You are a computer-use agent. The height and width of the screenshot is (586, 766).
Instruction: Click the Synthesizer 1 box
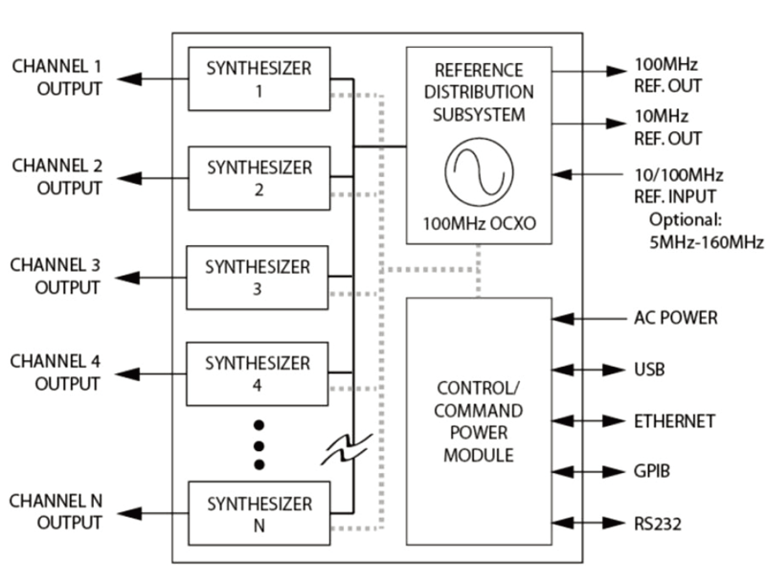(259, 79)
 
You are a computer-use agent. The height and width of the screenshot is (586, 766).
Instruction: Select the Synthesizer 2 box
(259, 178)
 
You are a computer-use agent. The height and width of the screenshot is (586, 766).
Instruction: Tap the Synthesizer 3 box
(259, 277)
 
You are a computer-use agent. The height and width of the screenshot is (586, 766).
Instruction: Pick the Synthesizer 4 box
(259, 374)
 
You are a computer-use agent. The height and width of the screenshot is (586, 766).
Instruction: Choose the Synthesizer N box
(259, 514)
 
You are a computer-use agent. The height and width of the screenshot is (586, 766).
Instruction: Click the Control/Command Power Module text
(478, 421)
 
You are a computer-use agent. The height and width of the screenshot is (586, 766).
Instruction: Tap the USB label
(649, 370)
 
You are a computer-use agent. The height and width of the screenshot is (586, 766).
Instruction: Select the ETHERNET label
(674, 420)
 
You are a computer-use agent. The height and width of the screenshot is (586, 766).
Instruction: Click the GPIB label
(651, 472)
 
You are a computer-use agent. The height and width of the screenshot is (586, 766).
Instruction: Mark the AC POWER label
(675, 318)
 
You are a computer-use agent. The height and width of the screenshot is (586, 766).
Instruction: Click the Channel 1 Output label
(56, 79)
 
